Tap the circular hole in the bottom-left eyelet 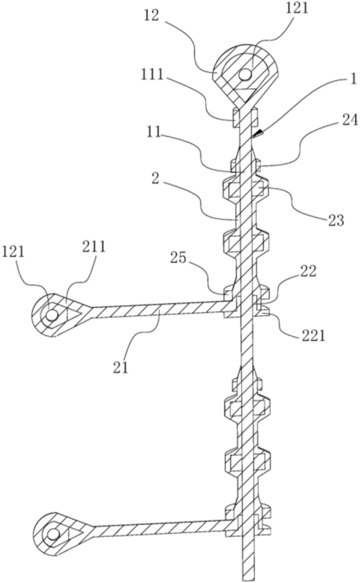point(51,535)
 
